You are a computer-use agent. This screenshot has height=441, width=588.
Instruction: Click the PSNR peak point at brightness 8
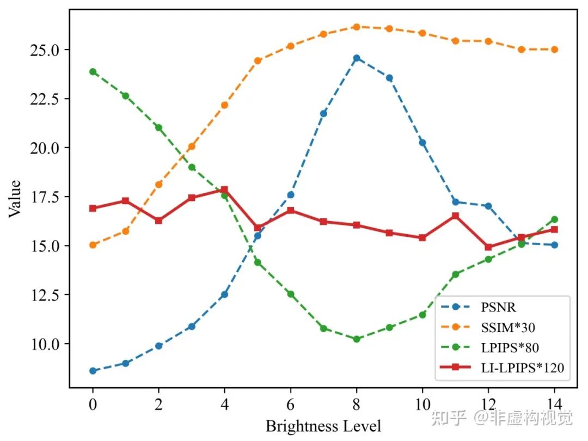tap(357, 58)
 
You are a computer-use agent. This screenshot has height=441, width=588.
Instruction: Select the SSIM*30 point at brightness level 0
tap(93, 245)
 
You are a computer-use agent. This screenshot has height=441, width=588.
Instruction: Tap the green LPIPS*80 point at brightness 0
tap(93, 71)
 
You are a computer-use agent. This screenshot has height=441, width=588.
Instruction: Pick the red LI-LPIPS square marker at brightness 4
tap(224, 189)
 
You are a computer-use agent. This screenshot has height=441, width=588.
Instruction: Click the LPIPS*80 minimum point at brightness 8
tap(357, 339)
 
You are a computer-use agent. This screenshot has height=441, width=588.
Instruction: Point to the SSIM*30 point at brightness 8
tap(357, 27)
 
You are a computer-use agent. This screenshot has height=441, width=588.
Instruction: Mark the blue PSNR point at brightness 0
tap(93, 371)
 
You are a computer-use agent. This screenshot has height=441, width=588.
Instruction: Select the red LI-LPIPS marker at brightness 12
tap(488, 247)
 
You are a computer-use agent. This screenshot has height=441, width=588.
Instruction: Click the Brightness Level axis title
tap(323, 425)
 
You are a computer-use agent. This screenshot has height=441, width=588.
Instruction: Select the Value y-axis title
tap(15, 198)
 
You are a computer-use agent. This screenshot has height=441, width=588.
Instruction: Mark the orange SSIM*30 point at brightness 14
tap(554, 50)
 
